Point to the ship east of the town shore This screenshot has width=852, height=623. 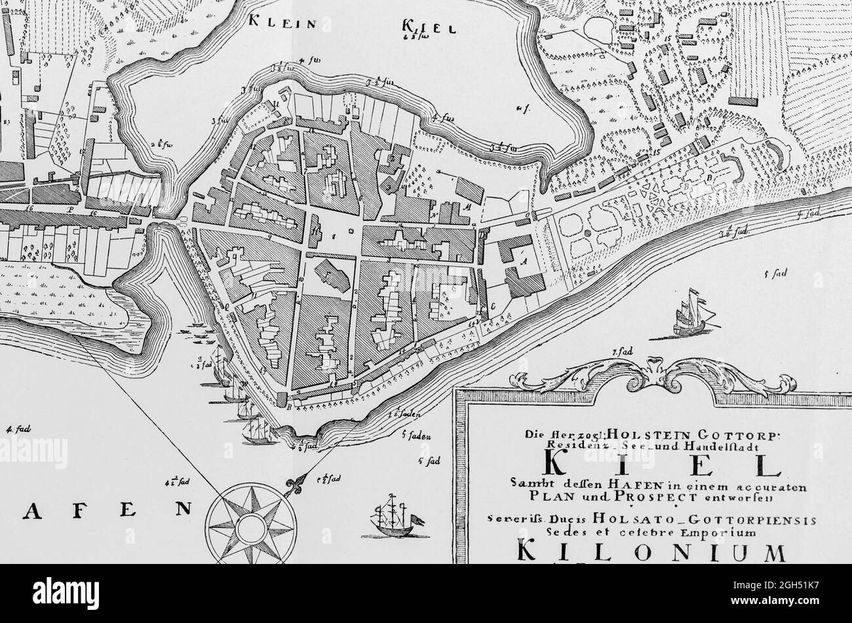click(x=693, y=315)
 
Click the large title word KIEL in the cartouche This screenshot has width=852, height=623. click(x=661, y=464)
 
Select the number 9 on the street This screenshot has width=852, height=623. click(x=269, y=235)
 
